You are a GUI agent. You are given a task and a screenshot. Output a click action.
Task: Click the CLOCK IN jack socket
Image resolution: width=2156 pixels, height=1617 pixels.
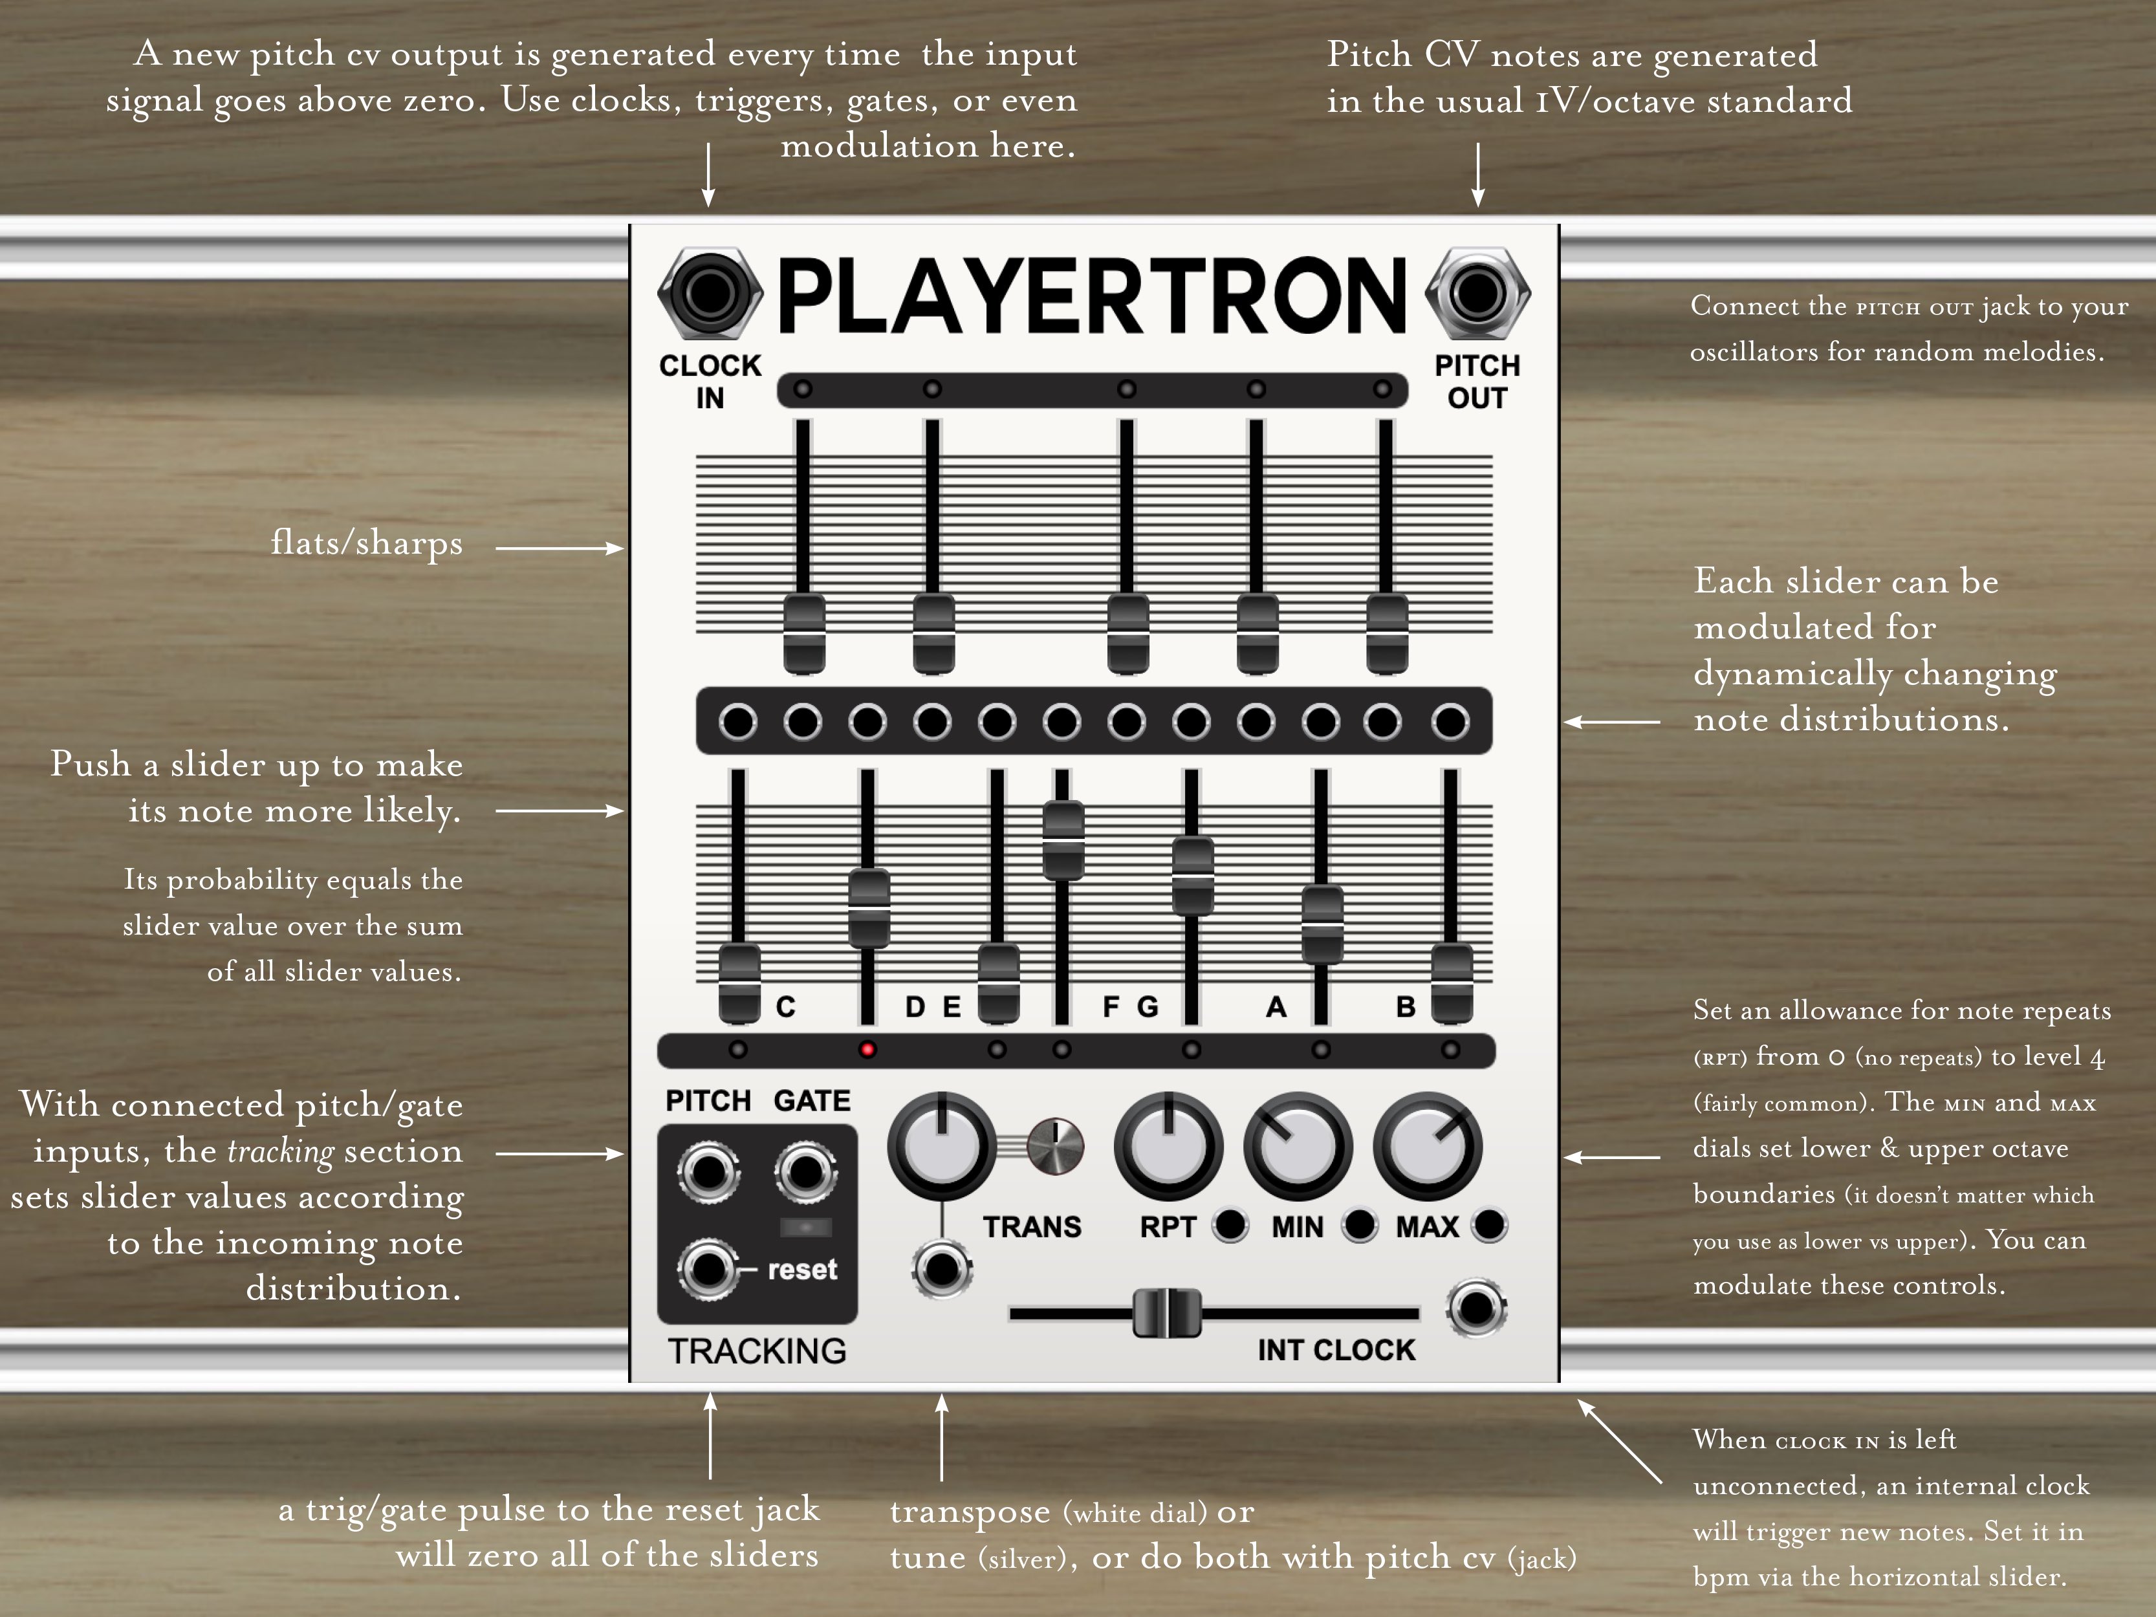[x=710, y=292]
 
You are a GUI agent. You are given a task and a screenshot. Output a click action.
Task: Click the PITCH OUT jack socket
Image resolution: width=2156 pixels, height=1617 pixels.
[x=1477, y=292]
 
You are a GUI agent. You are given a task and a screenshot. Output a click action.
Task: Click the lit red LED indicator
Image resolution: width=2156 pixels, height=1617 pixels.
[x=867, y=1050]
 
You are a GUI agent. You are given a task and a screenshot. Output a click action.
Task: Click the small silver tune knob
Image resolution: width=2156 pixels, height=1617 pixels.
[x=1056, y=1146]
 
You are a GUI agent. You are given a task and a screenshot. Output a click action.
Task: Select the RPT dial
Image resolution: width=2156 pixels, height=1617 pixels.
[x=1168, y=1146]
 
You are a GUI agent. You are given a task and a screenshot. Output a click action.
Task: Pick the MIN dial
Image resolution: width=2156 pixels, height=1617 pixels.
[x=1298, y=1146]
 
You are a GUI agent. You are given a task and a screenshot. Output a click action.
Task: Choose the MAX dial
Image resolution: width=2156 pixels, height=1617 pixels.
[x=1427, y=1146]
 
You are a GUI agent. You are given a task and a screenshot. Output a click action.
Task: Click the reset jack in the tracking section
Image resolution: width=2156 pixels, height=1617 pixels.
[x=708, y=1269]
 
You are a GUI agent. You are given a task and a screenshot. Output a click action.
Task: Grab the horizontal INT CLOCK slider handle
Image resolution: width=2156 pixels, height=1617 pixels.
[x=1167, y=1313]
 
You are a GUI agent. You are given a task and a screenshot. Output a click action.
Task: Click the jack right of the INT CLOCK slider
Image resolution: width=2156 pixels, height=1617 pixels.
[x=1477, y=1308]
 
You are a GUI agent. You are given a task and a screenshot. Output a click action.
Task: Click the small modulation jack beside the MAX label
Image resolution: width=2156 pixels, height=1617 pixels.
[x=1489, y=1225]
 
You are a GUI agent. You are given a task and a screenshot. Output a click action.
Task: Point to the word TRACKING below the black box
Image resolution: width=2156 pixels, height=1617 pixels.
[x=757, y=1352]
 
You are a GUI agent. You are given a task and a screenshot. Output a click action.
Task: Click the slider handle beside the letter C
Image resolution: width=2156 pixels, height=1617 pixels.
[x=739, y=983]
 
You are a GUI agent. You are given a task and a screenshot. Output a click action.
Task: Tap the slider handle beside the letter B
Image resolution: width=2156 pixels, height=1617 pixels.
[x=1452, y=983]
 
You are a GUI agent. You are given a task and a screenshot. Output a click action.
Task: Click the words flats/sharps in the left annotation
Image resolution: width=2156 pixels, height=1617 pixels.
[x=367, y=543]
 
